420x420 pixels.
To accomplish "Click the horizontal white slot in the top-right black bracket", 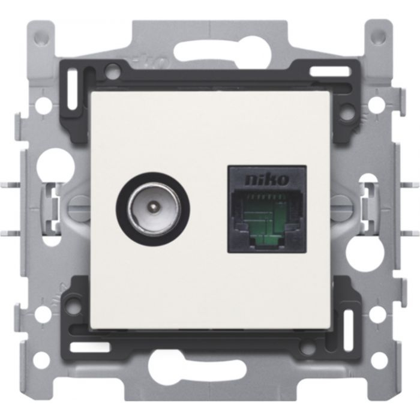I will coord(331,73).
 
